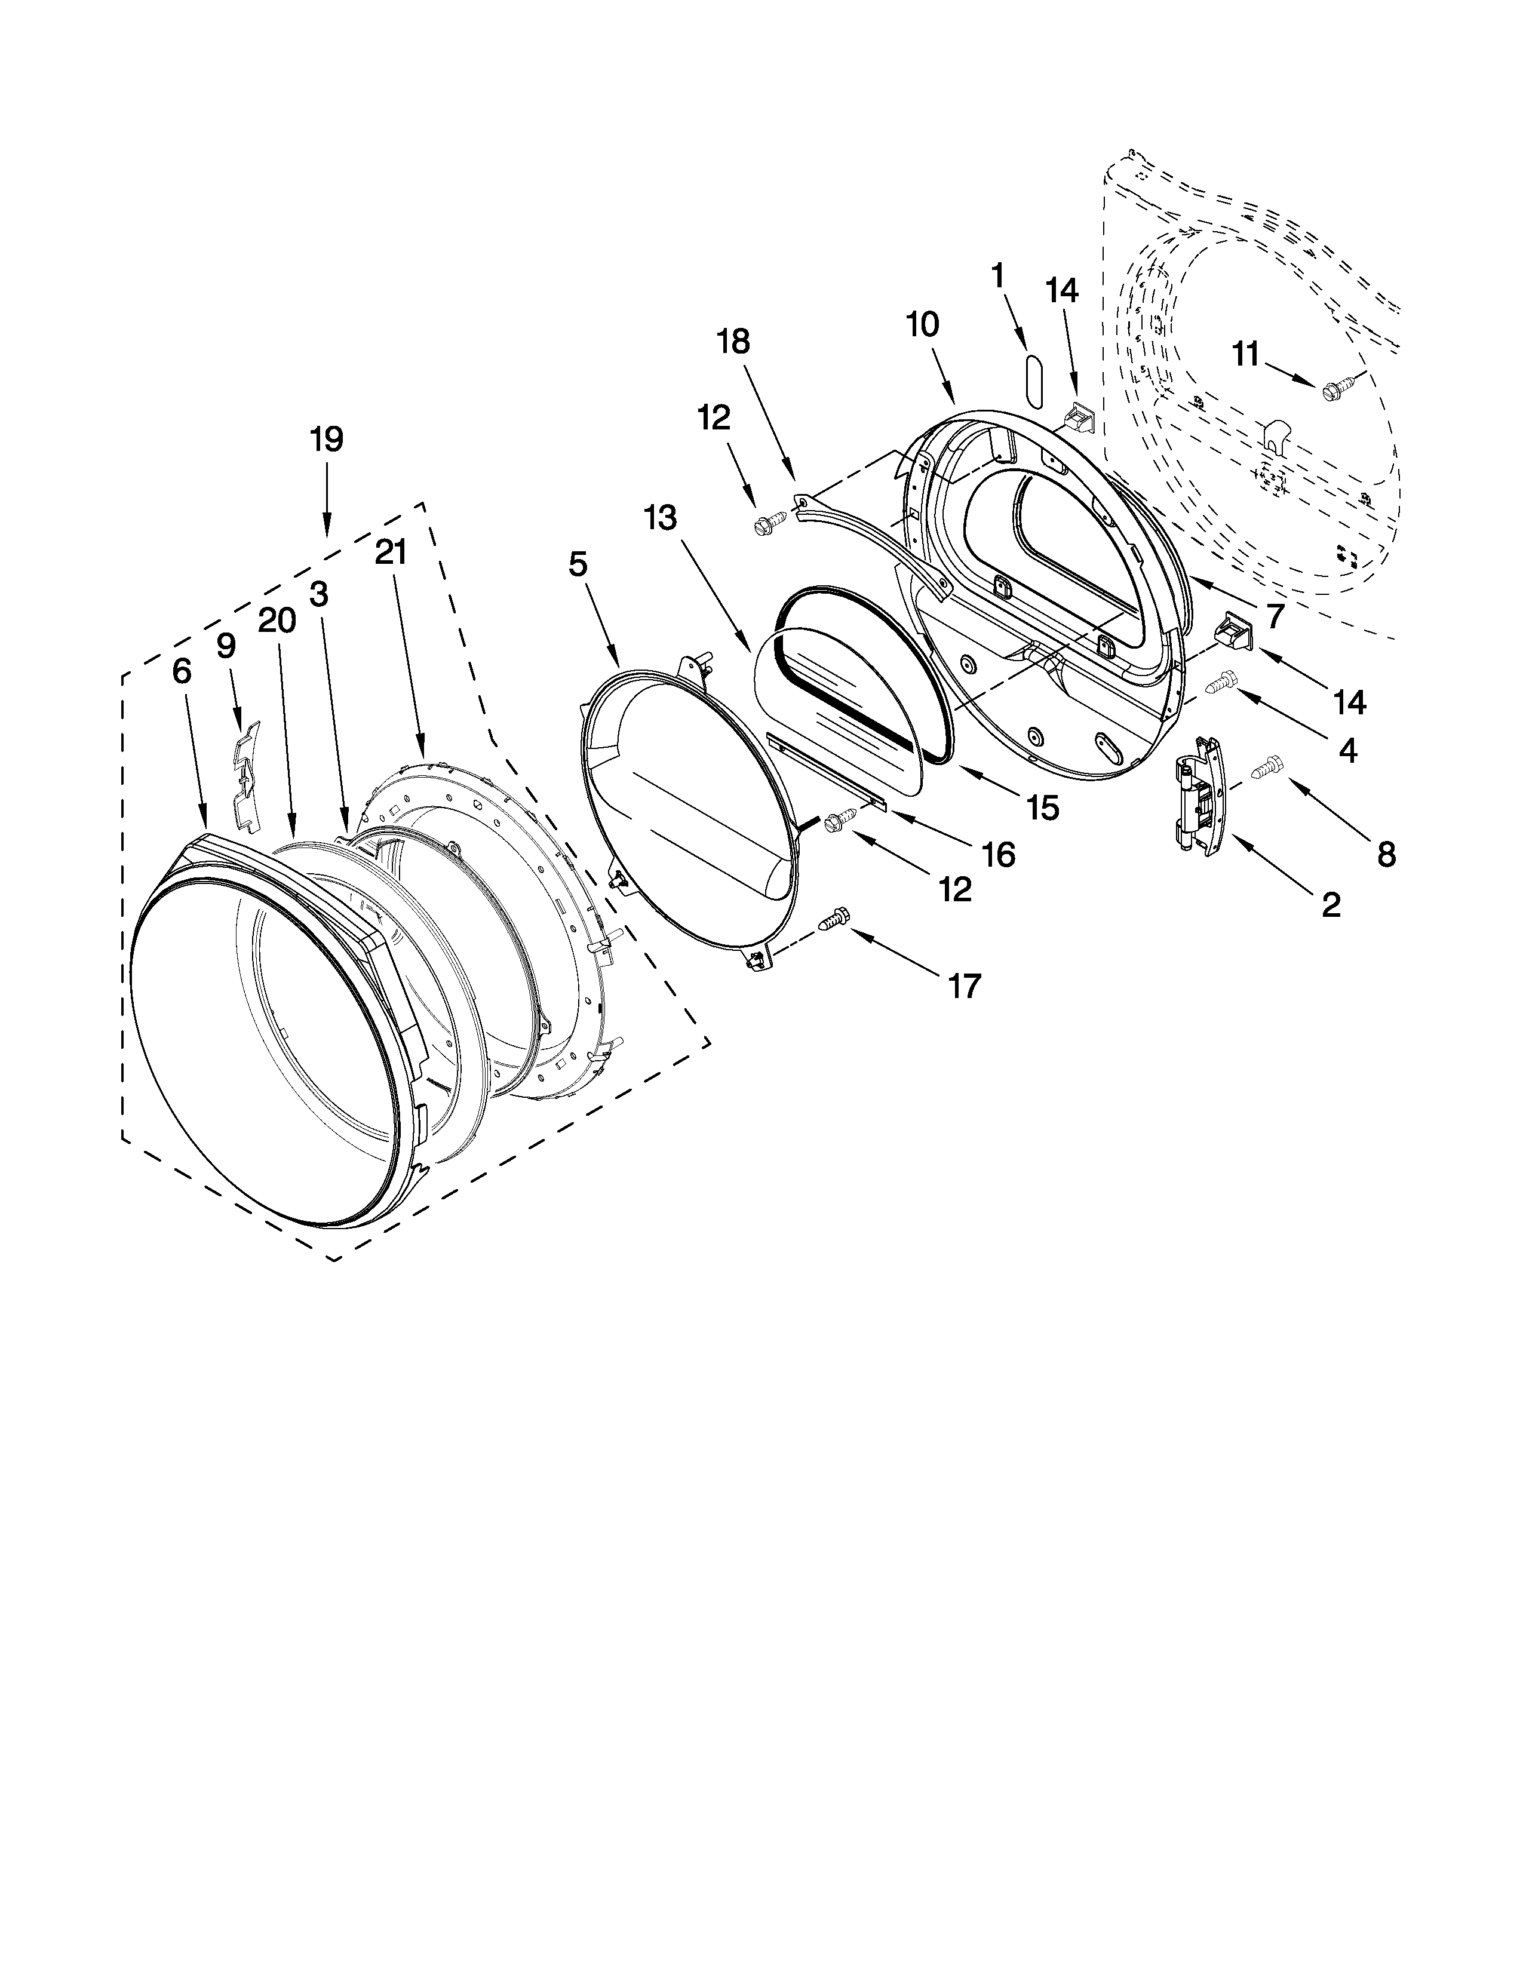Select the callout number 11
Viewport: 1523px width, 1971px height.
[1245, 355]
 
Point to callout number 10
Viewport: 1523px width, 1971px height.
[922, 324]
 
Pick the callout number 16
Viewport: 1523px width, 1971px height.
[998, 854]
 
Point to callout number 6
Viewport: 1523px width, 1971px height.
[182, 671]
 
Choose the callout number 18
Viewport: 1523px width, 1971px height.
[733, 342]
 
